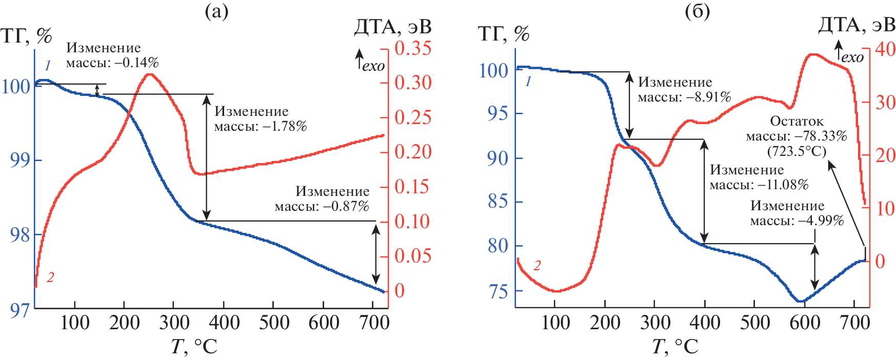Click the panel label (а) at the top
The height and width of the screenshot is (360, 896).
point(216,11)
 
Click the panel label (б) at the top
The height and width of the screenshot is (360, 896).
point(697,11)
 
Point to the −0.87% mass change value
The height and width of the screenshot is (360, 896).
point(346,207)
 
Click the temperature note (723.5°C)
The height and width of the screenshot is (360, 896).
point(797,151)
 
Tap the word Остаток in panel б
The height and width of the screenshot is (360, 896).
point(797,122)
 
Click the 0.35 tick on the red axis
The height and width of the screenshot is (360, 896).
point(413,49)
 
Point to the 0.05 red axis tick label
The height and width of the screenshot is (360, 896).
point(413,256)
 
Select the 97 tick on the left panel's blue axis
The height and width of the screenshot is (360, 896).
point(19,310)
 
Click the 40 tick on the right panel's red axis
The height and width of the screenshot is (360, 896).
point(885,49)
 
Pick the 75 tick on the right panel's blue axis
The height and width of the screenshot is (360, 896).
point(498,292)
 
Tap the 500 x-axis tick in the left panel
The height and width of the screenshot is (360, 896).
point(274,323)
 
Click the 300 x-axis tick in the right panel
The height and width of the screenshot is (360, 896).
point(655,323)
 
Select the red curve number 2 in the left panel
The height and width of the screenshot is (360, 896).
point(50,277)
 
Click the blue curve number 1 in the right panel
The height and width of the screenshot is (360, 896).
point(528,81)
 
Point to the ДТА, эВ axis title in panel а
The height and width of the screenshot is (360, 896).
point(392,27)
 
